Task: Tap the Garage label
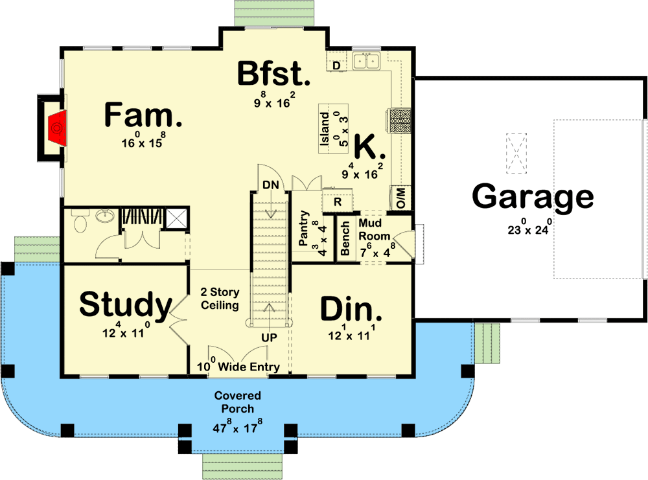(533, 196)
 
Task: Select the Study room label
(126, 304)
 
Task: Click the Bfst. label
(273, 74)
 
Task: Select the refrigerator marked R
(337, 201)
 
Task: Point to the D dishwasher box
(336, 65)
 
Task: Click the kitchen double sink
(367, 62)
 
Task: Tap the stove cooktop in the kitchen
(399, 120)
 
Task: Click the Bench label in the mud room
(345, 238)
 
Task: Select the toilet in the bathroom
(80, 223)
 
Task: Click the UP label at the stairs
(270, 338)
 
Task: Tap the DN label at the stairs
(270, 185)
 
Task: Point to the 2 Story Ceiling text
(220, 299)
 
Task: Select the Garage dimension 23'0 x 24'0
(533, 228)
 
